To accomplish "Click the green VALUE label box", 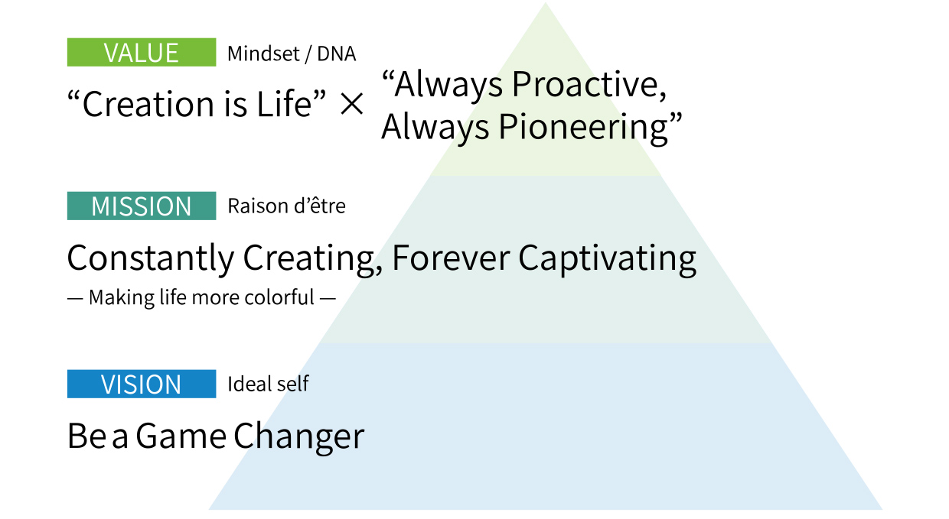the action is [x=142, y=52].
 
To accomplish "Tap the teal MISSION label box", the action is [x=142, y=206].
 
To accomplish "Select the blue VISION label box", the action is [x=142, y=384].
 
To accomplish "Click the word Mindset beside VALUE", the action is [x=263, y=54].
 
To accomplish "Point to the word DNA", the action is [x=337, y=54].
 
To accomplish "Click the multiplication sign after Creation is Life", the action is [x=351, y=104].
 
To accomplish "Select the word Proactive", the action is [x=589, y=85].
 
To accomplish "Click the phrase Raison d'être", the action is [x=286, y=206].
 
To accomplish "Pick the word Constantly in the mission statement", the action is [x=151, y=258].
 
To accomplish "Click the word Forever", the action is [x=452, y=258].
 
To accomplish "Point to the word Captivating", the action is [x=608, y=259].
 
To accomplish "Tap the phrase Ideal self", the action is [x=268, y=384].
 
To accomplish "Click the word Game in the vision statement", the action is [x=181, y=436].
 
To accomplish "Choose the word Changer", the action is [x=299, y=437].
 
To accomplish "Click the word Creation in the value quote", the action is [x=148, y=105].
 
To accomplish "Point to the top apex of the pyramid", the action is [x=546, y=2].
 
